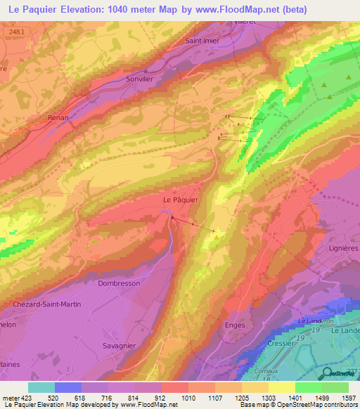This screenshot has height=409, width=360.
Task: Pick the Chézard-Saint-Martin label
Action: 46,304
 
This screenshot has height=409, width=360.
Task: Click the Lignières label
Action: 343,248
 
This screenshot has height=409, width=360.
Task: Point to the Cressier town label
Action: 280,343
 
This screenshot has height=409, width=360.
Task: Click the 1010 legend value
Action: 188,398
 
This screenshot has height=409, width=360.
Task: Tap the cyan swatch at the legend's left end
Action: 41,387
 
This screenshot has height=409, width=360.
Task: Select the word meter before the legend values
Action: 11,398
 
